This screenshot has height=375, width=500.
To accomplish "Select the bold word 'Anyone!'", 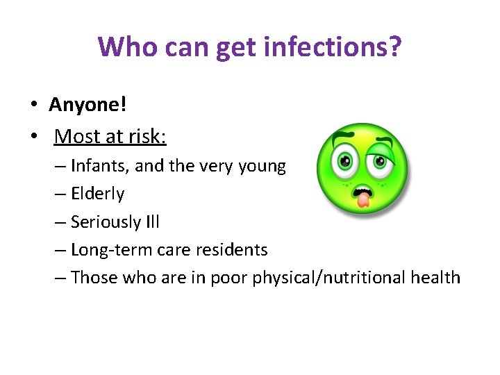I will click(87, 105).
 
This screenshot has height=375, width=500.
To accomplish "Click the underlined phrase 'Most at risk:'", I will click(110, 136).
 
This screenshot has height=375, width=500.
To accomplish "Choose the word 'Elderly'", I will click(97, 194).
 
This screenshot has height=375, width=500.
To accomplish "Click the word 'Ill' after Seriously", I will click(152, 222).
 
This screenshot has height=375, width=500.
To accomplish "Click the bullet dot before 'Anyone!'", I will click(33, 106).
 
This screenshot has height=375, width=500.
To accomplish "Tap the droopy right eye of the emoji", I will click(378, 160).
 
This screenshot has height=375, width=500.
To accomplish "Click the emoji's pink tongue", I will click(361, 199).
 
